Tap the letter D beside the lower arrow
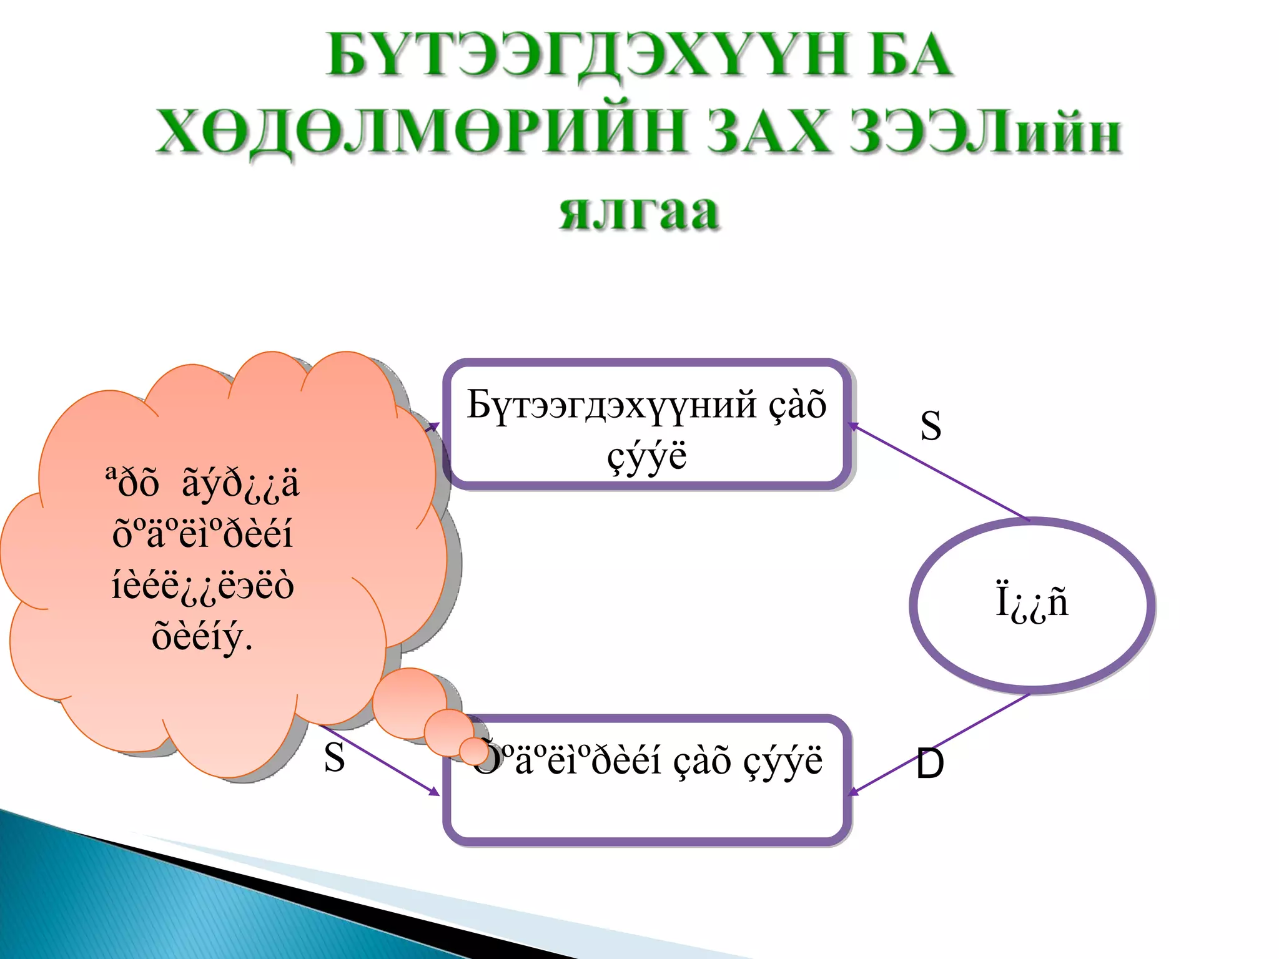(x=930, y=764)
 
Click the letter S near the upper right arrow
(x=931, y=426)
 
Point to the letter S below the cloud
(x=334, y=757)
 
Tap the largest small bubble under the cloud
(x=409, y=703)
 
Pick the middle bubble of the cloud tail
(x=447, y=731)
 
